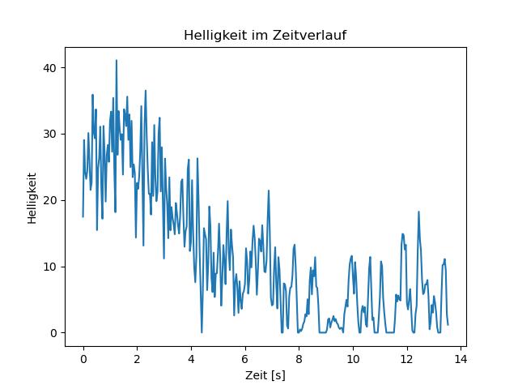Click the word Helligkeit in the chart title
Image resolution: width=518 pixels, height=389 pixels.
pyautogui.click(x=210, y=36)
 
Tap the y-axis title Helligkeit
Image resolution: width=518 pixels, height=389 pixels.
pyautogui.click(x=32, y=197)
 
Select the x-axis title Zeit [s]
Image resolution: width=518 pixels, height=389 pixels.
pyautogui.click(x=265, y=376)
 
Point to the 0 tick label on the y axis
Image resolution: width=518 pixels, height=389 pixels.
pyautogui.click(x=55, y=333)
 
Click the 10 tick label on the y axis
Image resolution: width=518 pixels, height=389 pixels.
pyautogui.click(x=52, y=267)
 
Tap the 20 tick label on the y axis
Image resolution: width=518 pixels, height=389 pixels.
pyautogui.click(x=52, y=200)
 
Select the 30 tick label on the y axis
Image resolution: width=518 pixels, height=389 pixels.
pyautogui.click(x=52, y=134)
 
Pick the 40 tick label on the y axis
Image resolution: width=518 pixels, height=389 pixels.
pyautogui.click(x=52, y=67)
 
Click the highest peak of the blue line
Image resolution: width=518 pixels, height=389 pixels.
pyautogui.click(x=116, y=60)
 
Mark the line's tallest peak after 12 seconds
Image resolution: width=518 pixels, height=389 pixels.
pyautogui.click(x=418, y=212)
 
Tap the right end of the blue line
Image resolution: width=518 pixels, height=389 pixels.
pyautogui.click(x=448, y=325)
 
